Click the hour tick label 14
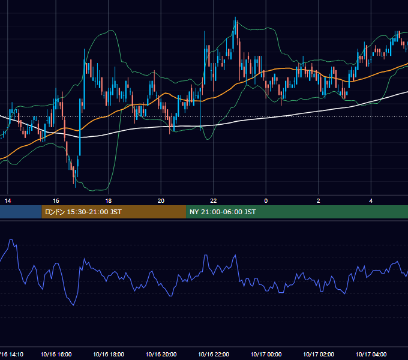click(8, 201)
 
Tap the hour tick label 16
click(56, 201)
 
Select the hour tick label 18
click(109, 201)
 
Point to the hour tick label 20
click(161, 201)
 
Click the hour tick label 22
click(214, 201)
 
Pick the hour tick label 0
click(266, 201)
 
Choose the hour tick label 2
click(319, 201)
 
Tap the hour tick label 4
click(371, 201)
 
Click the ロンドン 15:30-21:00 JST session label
click(83, 212)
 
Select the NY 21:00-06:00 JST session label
click(223, 212)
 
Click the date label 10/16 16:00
click(56, 354)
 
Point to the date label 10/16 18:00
click(109, 354)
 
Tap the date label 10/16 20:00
click(161, 354)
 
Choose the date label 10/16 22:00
click(214, 354)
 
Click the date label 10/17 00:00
click(266, 354)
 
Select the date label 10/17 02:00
click(319, 354)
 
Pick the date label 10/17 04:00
click(371, 354)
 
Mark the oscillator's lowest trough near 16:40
click(74, 305)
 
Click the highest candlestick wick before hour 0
click(235, 17)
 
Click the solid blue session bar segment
click(21, 212)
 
